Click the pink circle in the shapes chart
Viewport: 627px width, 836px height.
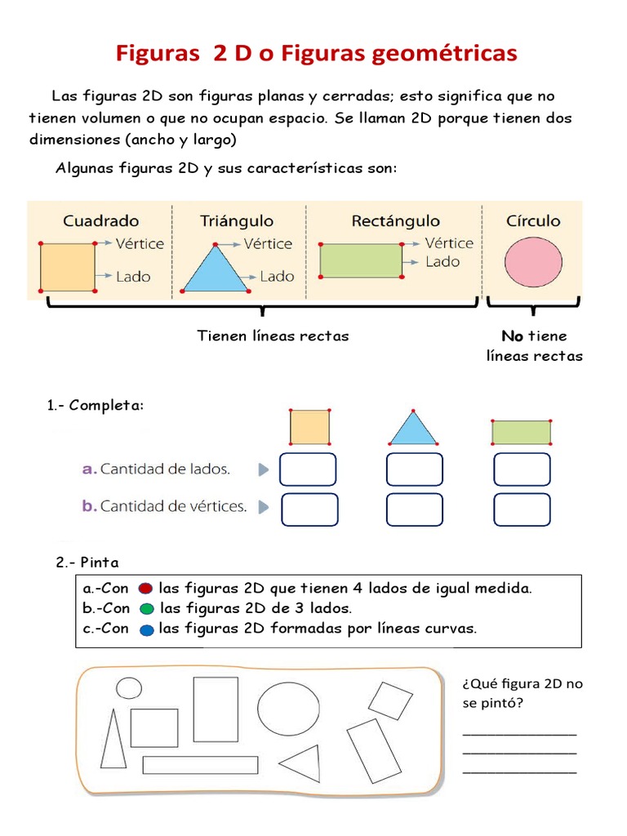[x=533, y=263]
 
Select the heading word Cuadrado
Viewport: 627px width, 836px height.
[x=101, y=220]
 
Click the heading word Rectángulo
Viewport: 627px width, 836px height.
[x=395, y=220]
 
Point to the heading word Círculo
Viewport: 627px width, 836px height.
[x=533, y=220]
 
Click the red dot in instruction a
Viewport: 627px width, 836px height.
[x=145, y=589]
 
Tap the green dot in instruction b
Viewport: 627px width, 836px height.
[x=146, y=609]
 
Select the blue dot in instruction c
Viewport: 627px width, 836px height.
[x=146, y=629]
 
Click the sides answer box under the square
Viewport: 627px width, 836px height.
[x=308, y=469]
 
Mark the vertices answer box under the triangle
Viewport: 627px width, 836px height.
[x=414, y=509]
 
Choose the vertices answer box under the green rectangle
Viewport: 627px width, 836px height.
[x=522, y=509]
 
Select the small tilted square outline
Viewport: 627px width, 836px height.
[x=390, y=700]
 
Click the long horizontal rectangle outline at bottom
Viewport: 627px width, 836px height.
[x=200, y=765]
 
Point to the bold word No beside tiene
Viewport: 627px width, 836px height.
[x=512, y=336]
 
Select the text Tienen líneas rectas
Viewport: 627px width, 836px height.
[x=273, y=336]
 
